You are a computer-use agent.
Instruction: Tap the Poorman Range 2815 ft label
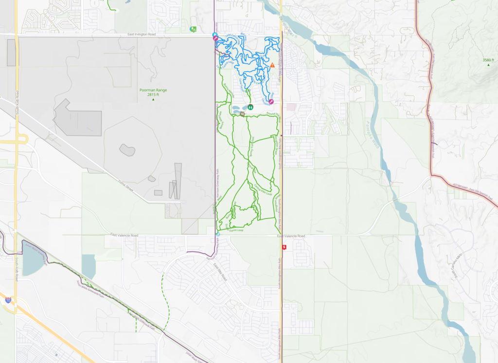(153, 92)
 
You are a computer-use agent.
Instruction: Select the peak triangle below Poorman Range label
(153, 100)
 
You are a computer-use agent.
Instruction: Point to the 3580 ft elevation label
(488, 60)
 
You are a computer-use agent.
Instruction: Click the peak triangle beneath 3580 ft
(488, 65)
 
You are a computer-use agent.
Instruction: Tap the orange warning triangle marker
(272, 65)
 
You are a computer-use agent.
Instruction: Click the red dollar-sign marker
(284, 247)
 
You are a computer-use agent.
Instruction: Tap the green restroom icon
(250, 106)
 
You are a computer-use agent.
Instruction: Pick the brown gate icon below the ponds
(242, 114)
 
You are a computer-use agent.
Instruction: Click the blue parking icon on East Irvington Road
(214, 35)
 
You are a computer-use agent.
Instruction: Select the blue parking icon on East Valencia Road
(218, 234)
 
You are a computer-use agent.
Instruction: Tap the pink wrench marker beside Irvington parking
(215, 38)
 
